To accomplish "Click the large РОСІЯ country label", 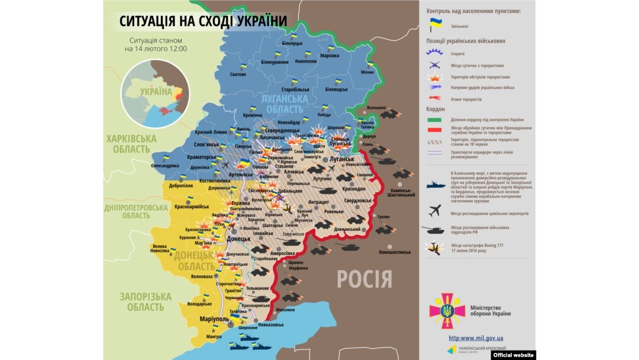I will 364,278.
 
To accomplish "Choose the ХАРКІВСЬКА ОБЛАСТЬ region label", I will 131,144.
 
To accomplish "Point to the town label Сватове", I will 238,74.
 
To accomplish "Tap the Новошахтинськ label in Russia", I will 395,252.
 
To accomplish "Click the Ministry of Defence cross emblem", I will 447,309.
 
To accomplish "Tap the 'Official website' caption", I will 512,355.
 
